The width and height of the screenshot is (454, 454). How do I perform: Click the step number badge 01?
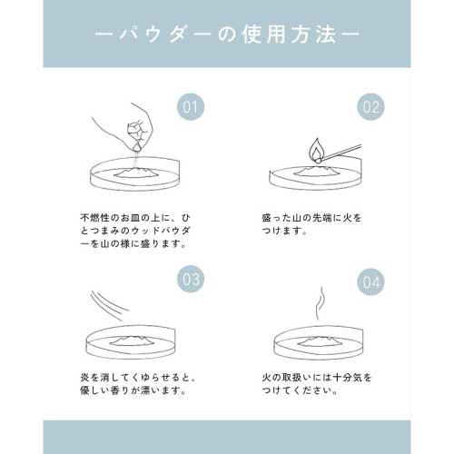tap(191, 107)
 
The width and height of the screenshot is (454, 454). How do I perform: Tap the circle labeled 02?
tap(370, 107)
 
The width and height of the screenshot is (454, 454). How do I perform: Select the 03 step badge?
tap(191, 279)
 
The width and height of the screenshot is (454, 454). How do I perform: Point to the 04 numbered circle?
tap(370, 281)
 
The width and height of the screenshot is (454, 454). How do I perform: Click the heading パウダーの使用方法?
tap(227, 35)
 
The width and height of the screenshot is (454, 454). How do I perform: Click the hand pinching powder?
tap(127, 127)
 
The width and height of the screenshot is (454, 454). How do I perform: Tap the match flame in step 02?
tap(315, 151)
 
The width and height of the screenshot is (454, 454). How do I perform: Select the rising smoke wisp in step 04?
tap(320, 303)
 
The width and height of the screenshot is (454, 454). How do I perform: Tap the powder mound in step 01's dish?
tap(135, 173)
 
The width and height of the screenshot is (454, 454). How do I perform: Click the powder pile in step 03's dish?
tap(133, 340)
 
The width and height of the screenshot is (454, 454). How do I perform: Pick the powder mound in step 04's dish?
tap(319, 341)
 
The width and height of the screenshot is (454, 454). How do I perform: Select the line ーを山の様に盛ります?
tap(133, 243)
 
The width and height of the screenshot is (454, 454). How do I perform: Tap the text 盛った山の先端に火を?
tap(311, 218)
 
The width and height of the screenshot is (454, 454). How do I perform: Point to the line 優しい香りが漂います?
tap(133, 390)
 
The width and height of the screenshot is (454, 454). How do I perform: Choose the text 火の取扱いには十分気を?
tap(317, 378)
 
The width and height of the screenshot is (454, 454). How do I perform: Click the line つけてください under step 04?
tap(300, 390)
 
